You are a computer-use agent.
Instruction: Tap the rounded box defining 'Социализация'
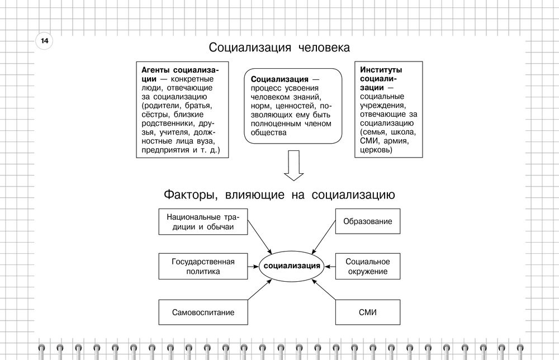pos(292,106)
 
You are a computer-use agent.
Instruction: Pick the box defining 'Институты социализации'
pos(389,110)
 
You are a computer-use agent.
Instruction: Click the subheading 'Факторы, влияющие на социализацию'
pos(279,195)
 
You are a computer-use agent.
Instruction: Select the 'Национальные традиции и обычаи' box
pos(202,222)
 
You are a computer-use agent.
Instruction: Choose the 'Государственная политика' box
pos(202,266)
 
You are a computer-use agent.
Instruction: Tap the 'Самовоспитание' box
pos(202,312)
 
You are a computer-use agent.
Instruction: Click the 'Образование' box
pos(367,221)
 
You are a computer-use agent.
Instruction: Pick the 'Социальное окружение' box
pos(367,266)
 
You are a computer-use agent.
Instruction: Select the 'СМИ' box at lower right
pos(367,312)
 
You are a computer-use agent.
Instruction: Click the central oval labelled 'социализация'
pos(292,266)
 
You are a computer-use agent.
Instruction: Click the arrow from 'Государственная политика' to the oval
pos(253,266)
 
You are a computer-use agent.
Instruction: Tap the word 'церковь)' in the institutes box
pos(376,150)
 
